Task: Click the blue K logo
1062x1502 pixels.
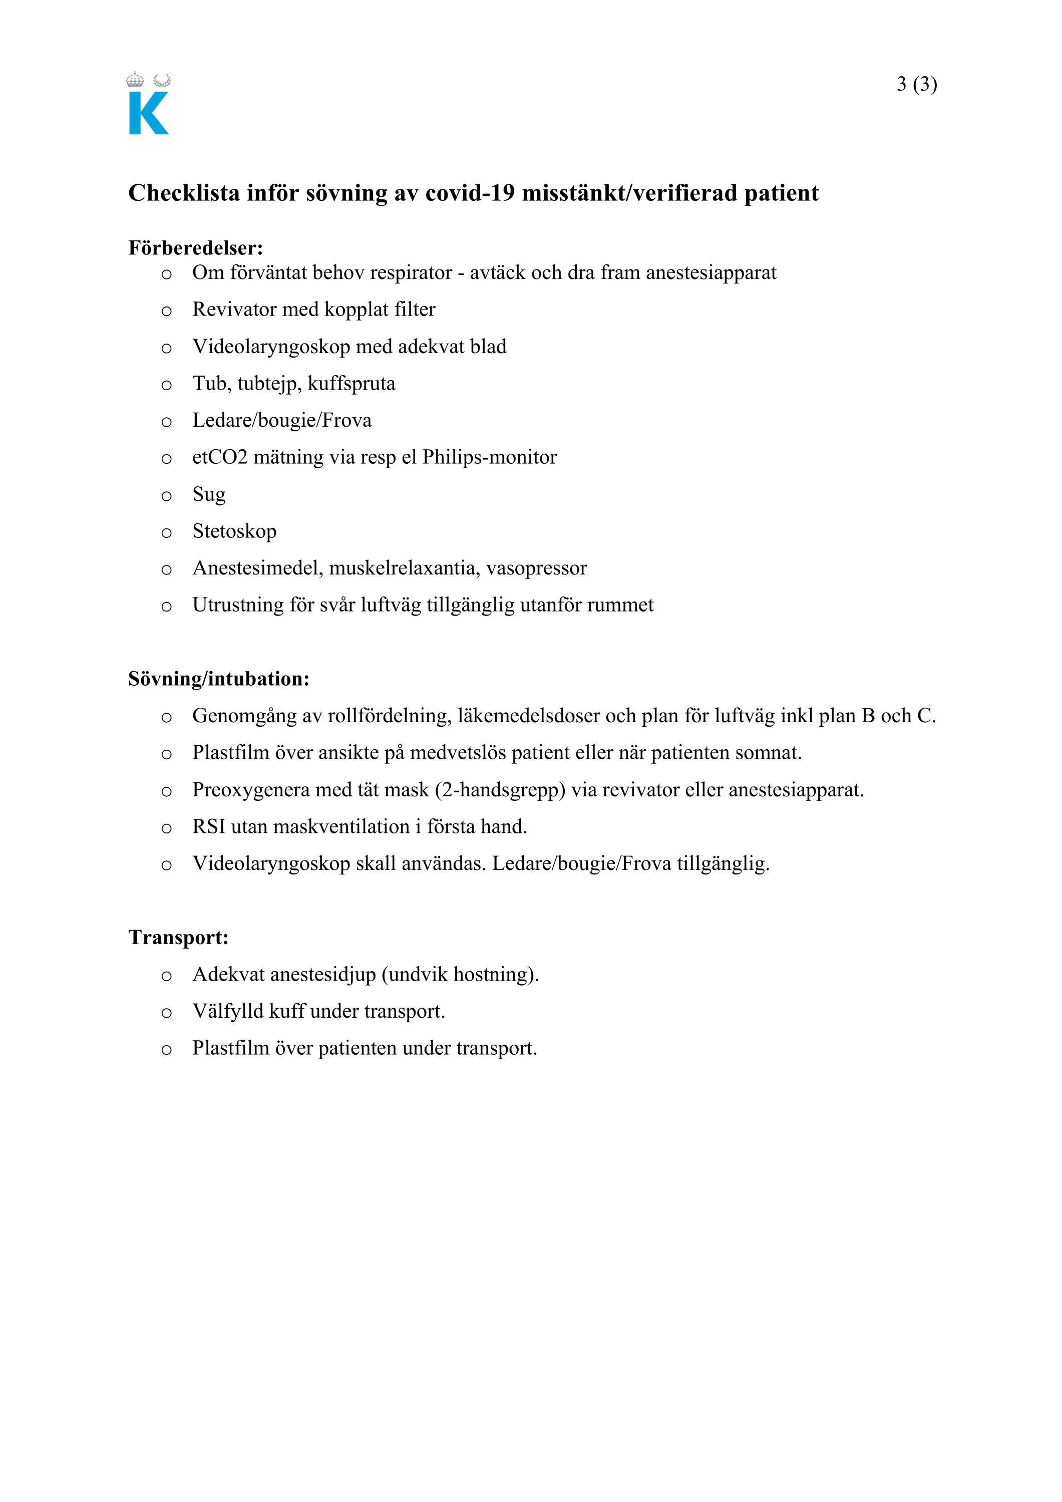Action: pyautogui.click(x=148, y=113)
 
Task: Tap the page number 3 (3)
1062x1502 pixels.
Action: pyautogui.click(x=916, y=84)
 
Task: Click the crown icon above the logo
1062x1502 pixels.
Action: pyautogui.click(x=135, y=80)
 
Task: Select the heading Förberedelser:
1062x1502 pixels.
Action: pyautogui.click(x=196, y=248)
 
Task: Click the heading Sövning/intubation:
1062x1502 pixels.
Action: pyautogui.click(x=218, y=679)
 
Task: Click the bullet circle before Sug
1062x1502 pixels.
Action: pyautogui.click(x=167, y=496)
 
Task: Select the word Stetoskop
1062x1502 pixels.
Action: pyautogui.click(x=234, y=531)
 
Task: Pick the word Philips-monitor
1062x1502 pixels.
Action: pyautogui.click(x=489, y=457)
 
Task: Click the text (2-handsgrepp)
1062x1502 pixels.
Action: pyautogui.click(x=500, y=790)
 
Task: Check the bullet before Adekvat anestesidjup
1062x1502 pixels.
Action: pyautogui.click(x=167, y=976)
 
